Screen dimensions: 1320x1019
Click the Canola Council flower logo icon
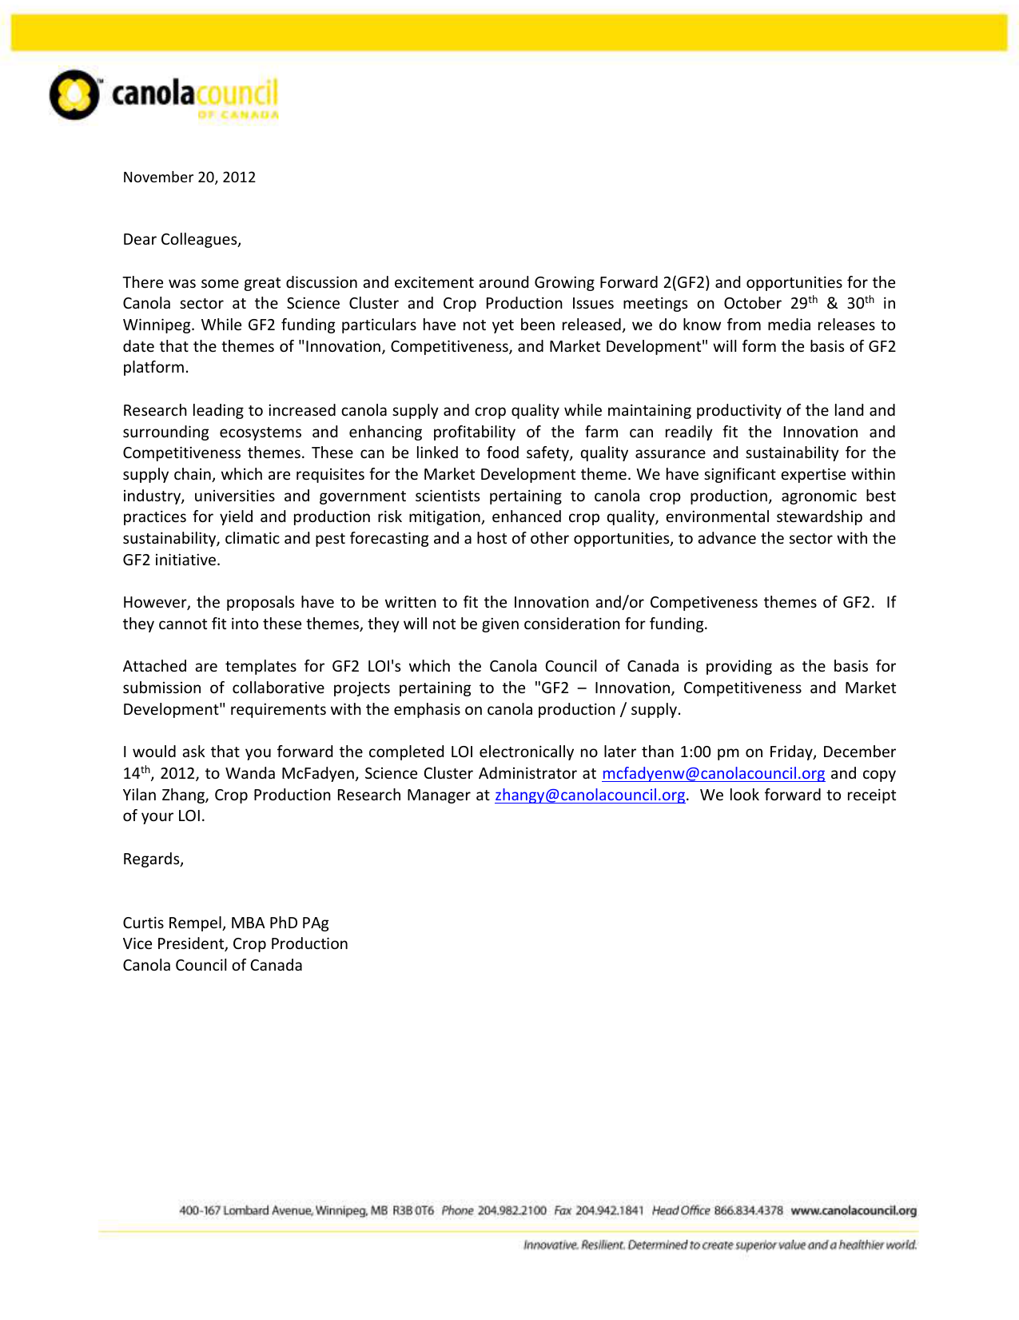tap(74, 95)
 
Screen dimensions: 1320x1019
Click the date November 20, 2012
tap(189, 177)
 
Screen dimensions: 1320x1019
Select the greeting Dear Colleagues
tap(181, 240)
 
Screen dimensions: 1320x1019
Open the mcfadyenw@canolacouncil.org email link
tap(713, 774)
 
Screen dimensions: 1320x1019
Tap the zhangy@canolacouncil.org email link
tap(590, 796)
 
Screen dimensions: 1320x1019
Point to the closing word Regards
tap(153, 859)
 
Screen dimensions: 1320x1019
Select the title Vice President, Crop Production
tap(235, 944)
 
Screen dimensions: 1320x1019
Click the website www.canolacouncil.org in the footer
tap(854, 1210)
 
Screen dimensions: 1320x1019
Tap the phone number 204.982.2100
tap(512, 1210)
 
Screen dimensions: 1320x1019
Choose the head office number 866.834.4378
tap(748, 1210)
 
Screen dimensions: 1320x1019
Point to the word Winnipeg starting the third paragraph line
tap(157, 325)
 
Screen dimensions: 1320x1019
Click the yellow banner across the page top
tap(509, 33)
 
